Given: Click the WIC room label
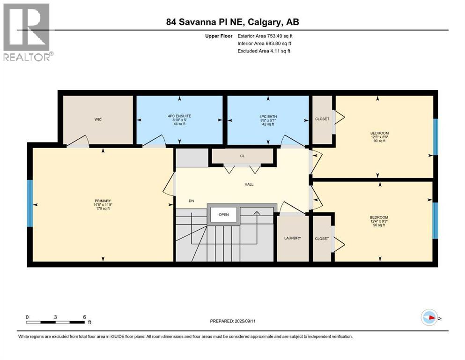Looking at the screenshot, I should pos(98,120).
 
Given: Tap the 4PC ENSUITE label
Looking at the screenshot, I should pos(180,116).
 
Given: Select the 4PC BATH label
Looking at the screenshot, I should pos(268,116).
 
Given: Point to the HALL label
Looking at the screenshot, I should pos(249,184).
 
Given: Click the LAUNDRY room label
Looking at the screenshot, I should pos(293,238).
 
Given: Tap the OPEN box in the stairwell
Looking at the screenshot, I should pos(223,215).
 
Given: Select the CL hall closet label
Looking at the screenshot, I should pos(242,156).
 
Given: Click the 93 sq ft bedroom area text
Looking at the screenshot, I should pos(379,141).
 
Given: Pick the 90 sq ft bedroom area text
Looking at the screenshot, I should pos(379,225).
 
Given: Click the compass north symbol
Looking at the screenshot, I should pos(429,317).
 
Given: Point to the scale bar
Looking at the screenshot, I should pos(56,322).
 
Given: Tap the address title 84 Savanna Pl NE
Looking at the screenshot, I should pos(232,22).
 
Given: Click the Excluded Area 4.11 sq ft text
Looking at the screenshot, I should pos(264,51).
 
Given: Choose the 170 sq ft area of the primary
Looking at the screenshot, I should pos(103,209).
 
